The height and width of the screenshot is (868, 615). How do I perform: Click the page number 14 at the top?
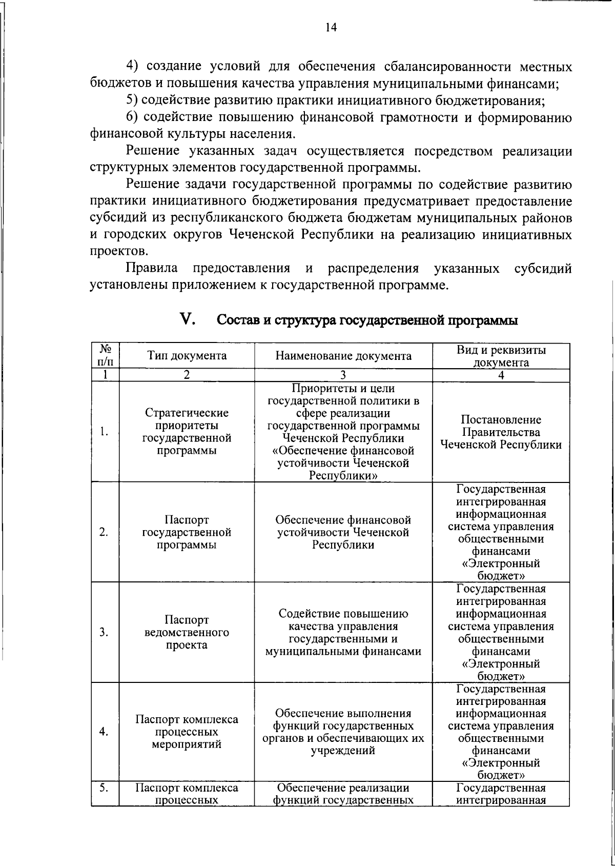pos(331,28)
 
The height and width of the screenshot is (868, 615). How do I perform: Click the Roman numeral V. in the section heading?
pos(188,319)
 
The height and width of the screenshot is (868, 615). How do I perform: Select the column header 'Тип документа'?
pos(187,356)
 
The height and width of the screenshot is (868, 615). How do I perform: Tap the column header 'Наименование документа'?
pos(343,356)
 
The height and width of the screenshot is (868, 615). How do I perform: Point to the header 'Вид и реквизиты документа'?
pos(501,356)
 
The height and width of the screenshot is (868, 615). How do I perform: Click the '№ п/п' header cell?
pos(106,356)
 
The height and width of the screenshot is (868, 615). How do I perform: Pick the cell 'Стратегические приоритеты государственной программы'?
pos(187,432)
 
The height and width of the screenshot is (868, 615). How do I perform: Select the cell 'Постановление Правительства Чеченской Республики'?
pos(501,432)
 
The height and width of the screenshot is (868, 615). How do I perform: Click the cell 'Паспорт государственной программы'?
pos(187,532)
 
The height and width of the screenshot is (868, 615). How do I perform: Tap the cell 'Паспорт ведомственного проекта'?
pos(187,632)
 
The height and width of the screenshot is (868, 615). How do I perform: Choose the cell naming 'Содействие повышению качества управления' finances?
pos(343,632)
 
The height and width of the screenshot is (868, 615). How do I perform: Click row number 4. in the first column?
pos(104,732)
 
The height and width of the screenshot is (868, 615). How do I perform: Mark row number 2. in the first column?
pos(104,532)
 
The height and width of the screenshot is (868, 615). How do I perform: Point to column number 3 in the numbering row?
pos(343,375)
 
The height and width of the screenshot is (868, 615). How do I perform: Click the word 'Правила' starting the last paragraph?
pos(152,268)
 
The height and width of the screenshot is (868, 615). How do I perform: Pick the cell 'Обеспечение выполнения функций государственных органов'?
pos(343,732)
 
